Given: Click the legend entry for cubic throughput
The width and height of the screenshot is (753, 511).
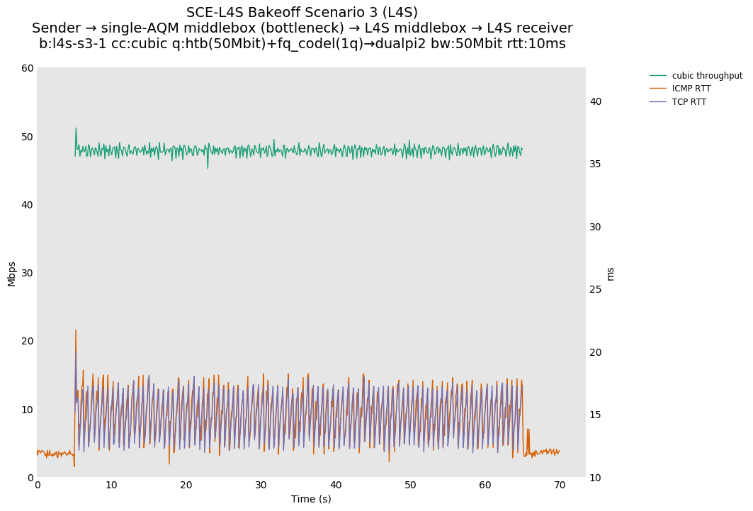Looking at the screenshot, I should click(x=707, y=76).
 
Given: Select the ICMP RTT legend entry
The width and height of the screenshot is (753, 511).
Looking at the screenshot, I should click(x=691, y=89).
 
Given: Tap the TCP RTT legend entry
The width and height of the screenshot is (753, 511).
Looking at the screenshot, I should click(x=689, y=102).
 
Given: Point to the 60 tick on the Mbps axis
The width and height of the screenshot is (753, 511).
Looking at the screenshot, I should click(x=28, y=68).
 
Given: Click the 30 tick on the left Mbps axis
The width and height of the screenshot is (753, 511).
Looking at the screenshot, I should click(x=28, y=273).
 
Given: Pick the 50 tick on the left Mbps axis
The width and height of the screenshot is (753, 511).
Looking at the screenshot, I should click(x=28, y=136).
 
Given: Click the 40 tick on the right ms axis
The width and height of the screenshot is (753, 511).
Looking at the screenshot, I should click(x=596, y=101).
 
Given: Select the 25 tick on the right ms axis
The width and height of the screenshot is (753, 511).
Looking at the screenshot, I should click(x=596, y=289).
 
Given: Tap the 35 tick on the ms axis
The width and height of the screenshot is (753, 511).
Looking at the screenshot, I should click(x=596, y=164).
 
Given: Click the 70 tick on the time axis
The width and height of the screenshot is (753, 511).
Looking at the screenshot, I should click(x=560, y=485).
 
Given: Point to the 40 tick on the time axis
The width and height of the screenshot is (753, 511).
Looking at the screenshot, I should click(x=336, y=485).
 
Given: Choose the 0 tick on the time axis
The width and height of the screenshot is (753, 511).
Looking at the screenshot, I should click(x=38, y=485).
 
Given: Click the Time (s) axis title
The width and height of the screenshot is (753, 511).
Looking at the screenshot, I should click(x=311, y=499).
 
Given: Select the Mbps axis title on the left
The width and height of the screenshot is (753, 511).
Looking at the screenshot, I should click(x=11, y=273).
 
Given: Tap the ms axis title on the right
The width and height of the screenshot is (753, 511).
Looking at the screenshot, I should click(x=611, y=273).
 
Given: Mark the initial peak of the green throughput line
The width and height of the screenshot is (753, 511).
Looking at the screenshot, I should click(x=76, y=128).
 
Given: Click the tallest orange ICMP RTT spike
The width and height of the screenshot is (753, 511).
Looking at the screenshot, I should click(x=76, y=330).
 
